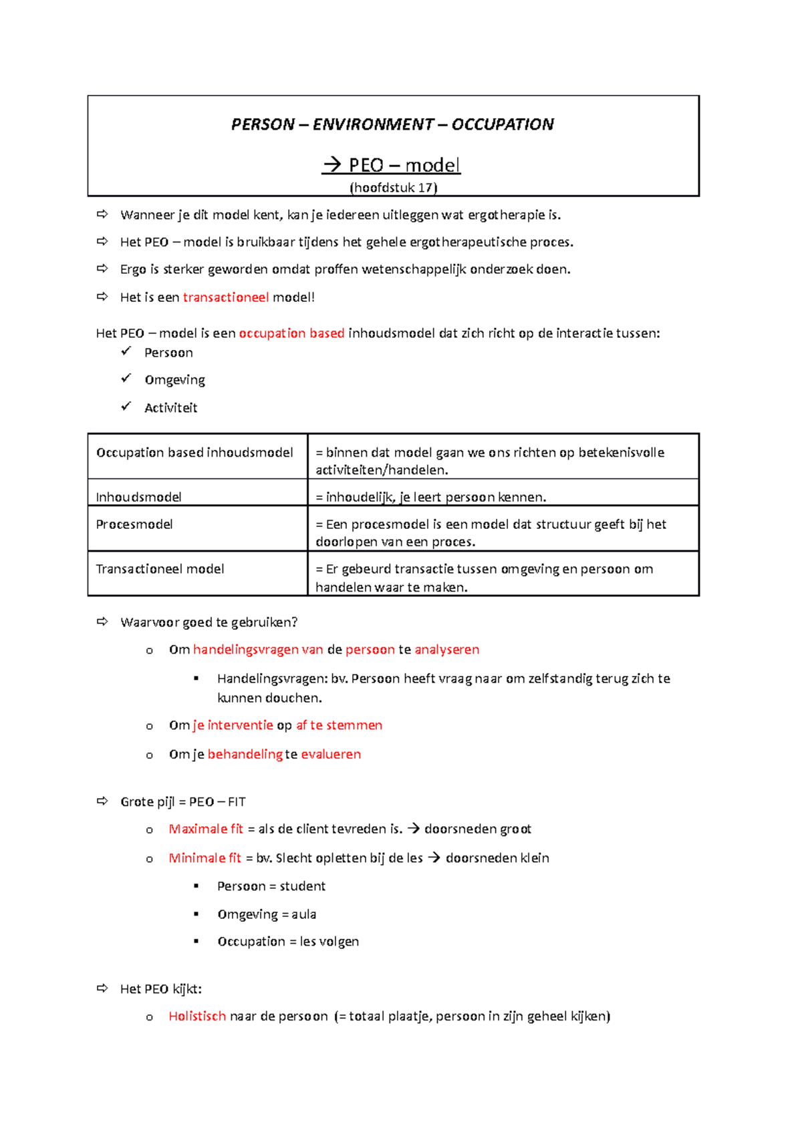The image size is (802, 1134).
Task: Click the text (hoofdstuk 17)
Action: point(393,188)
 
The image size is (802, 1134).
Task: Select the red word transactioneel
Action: point(225,298)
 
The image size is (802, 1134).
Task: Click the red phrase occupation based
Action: point(291,333)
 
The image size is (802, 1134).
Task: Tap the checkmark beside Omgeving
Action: point(126,379)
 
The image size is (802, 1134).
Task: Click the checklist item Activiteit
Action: point(170,408)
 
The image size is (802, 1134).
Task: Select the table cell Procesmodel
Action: point(134,525)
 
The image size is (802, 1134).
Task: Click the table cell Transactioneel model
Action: point(160,569)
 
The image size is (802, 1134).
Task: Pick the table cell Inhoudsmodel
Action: point(138,497)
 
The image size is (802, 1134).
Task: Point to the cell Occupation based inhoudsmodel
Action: point(194,453)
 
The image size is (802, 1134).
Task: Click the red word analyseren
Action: point(446,650)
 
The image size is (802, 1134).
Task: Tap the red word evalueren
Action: point(331,755)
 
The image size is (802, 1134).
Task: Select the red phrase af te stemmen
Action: point(339,725)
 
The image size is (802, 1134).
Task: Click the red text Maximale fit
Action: point(206,829)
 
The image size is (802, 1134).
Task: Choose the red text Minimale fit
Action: point(205,858)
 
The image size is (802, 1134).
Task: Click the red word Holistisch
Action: point(197,1016)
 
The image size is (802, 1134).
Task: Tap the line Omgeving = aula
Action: point(267,914)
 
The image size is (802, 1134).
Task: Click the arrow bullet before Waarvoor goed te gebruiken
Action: point(102,622)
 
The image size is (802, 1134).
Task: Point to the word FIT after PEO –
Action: point(237,802)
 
